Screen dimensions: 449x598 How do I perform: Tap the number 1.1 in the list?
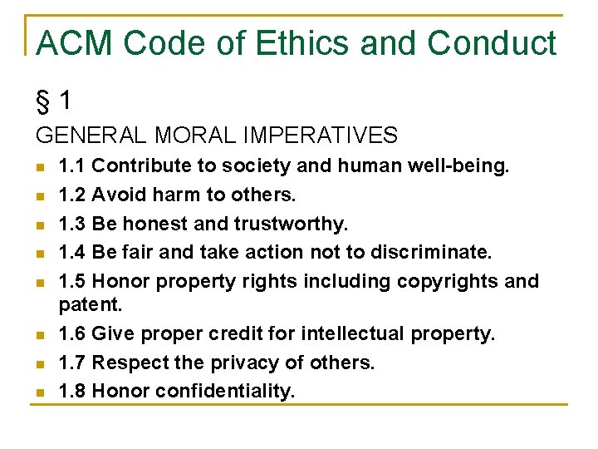tap(72, 166)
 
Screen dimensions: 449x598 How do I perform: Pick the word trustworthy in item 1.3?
tap(291, 224)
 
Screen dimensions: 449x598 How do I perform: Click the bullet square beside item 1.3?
tap(40, 224)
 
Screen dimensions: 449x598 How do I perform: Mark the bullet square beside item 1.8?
tap(40, 392)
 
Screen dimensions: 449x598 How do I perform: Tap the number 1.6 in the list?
tap(72, 333)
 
